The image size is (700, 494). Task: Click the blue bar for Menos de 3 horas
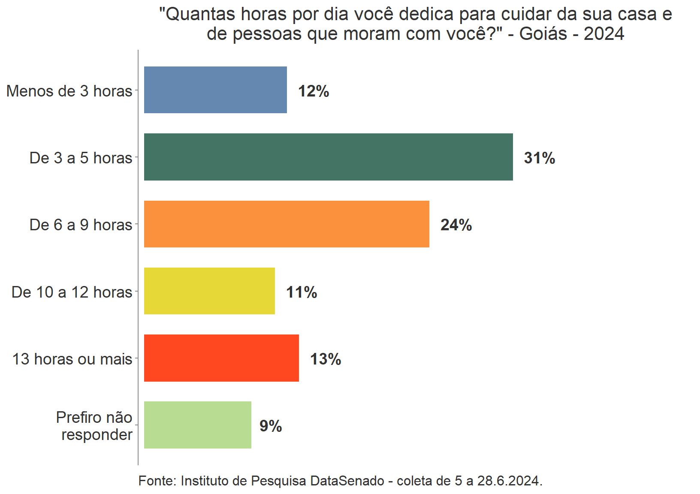tap(215, 90)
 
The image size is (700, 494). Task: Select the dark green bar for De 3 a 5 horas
tap(328, 157)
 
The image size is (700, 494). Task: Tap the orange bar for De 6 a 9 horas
tap(287, 224)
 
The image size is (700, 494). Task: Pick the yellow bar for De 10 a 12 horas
tap(209, 291)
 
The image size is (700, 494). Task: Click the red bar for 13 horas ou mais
tap(221, 358)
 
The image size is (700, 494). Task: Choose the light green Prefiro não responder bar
tap(197, 425)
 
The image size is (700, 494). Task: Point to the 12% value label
tap(314, 91)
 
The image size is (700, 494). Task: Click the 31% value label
tap(539, 158)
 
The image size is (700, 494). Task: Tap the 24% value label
tap(456, 225)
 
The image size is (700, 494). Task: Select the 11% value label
tap(302, 292)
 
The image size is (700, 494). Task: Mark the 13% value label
tap(326, 359)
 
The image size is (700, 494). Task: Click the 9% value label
tap(271, 426)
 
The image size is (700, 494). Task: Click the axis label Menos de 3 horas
tap(69, 91)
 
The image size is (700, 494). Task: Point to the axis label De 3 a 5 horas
tap(81, 158)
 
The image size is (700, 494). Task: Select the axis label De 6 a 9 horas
tap(81, 225)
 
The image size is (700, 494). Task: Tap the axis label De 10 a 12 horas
tap(72, 292)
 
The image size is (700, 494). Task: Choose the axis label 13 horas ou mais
tap(72, 359)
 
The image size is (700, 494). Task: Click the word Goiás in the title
tap(543, 34)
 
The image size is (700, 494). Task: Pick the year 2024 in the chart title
tap(604, 34)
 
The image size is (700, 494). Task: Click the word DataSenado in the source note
tap(347, 481)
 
